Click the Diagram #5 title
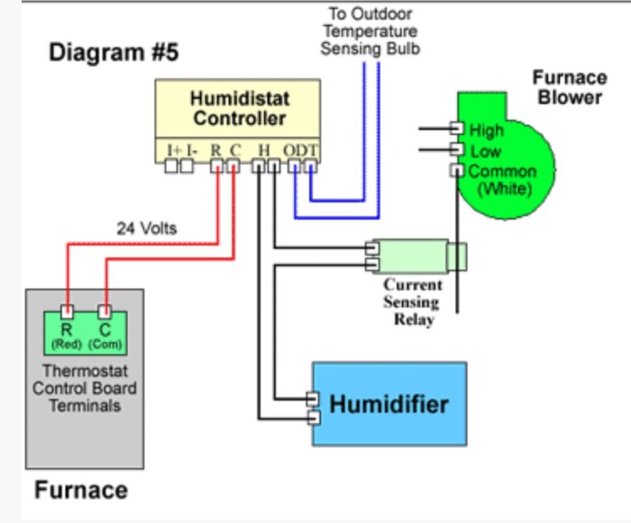click(114, 53)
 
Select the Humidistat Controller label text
click(238, 108)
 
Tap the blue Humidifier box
click(389, 403)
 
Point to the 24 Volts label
click(146, 228)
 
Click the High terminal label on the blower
click(486, 131)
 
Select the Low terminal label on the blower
click(485, 151)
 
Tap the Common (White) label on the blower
click(502, 180)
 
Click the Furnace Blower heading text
click(568, 87)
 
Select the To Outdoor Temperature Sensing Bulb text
click(370, 31)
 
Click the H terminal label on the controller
click(263, 149)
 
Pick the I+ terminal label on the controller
click(174, 149)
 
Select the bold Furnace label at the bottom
click(81, 491)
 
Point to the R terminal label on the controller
click(216, 149)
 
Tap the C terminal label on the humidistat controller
click(234, 149)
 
